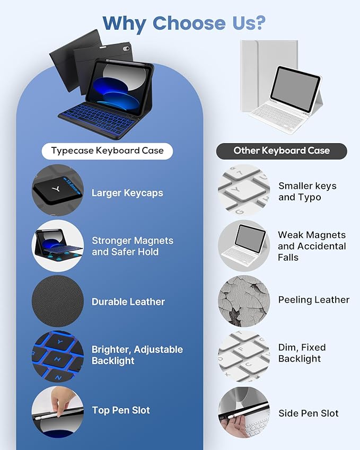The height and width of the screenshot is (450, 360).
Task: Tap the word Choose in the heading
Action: click(x=189, y=23)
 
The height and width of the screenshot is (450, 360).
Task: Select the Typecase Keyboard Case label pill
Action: click(x=108, y=151)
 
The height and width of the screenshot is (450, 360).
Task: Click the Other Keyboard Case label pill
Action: click(x=282, y=151)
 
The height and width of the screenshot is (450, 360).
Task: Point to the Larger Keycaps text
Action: click(x=127, y=193)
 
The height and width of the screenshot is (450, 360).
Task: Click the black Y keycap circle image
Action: click(x=58, y=190)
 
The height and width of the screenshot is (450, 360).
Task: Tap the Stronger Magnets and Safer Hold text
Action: click(x=133, y=246)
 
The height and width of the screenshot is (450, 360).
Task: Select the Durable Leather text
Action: click(x=128, y=302)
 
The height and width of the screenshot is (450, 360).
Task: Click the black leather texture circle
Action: click(x=58, y=301)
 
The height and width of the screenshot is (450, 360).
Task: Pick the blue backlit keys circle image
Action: click(x=58, y=356)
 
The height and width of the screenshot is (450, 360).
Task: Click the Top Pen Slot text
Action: click(x=121, y=410)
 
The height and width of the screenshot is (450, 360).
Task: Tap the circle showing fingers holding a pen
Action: click(x=58, y=412)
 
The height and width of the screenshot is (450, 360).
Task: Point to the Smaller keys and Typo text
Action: click(x=307, y=192)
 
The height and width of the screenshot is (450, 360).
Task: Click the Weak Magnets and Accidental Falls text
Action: click(x=312, y=246)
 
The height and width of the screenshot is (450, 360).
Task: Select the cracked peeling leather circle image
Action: click(x=244, y=301)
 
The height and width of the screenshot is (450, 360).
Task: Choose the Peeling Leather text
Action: click(x=314, y=300)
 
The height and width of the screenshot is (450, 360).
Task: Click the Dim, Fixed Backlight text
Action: click(x=302, y=354)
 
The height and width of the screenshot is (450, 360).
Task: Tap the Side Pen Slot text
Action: click(x=309, y=413)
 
